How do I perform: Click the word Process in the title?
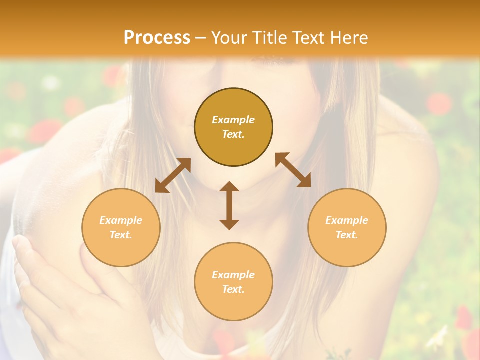click(x=157, y=38)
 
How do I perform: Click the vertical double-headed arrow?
click(x=229, y=205)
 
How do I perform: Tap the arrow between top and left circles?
click(x=173, y=175)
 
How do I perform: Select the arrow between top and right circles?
click(x=293, y=170)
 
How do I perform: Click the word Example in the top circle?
click(x=233, y=120)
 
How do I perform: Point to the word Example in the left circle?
click(x=121, y=220)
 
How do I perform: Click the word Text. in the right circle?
click(x=347, y=235)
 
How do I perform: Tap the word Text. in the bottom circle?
click(x=233, y=289)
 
